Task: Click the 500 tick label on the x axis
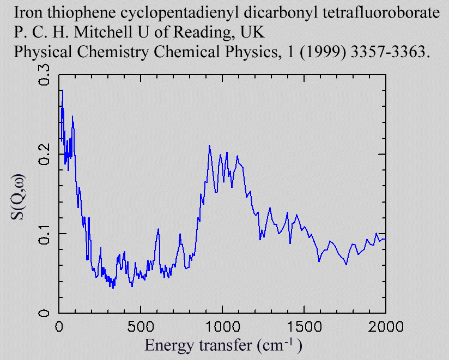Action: point(141,327)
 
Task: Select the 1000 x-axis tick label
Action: point(222,327)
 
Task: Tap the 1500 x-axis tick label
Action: point(304,327)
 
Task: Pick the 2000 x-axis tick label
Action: point(385,327)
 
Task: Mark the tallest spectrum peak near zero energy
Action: point(62,90)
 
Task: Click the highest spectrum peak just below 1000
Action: point(209,146)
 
